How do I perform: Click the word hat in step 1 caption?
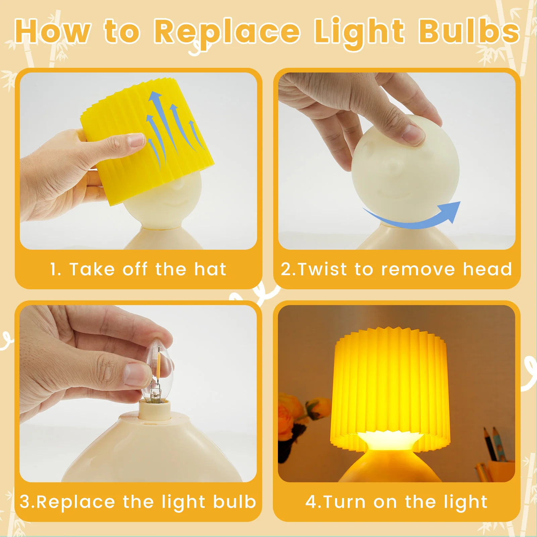210,269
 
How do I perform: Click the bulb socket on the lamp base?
155,410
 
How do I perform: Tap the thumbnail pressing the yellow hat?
136,142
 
